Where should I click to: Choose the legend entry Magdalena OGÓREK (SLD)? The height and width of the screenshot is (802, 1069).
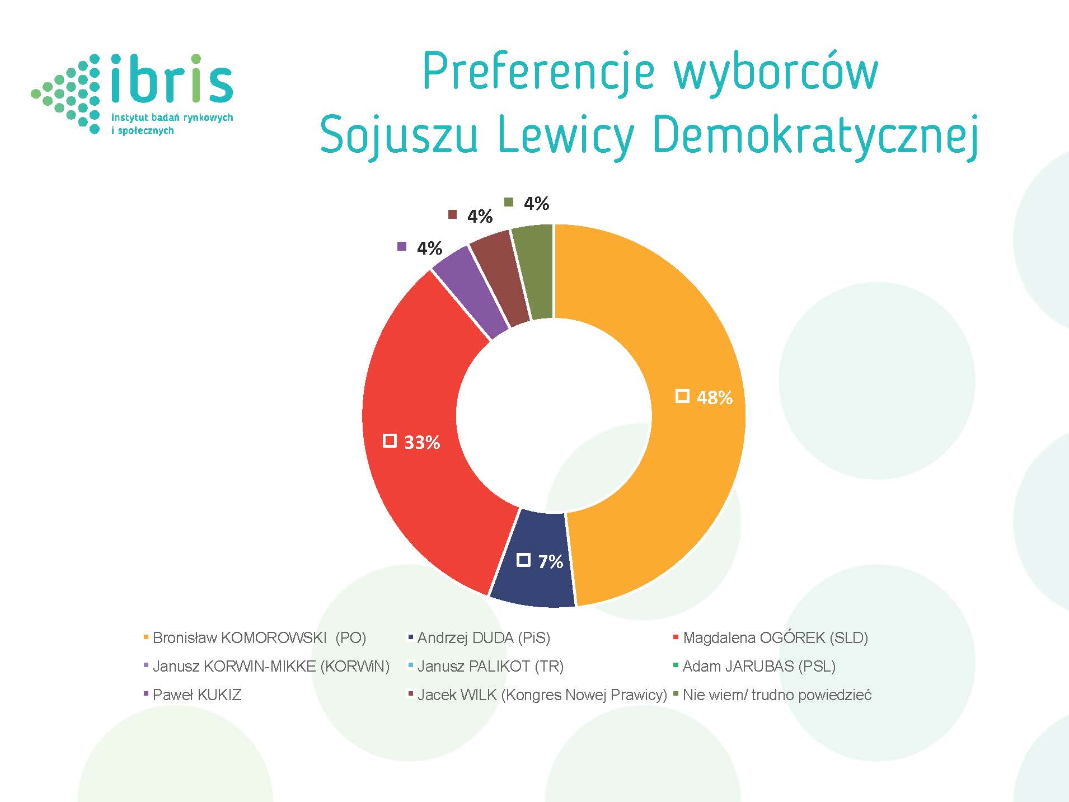tap(771, 637)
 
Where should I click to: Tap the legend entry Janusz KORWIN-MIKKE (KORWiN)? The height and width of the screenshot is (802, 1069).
tap(266, 666)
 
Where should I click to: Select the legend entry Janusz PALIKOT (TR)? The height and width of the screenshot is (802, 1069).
tap(486, 666)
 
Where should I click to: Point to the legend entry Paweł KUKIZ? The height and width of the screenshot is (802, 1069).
tap(193, 695)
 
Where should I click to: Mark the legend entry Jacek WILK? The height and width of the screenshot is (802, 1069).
tap(538, 695)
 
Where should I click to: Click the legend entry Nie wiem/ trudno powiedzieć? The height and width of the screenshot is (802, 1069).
tap(773, 695)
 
